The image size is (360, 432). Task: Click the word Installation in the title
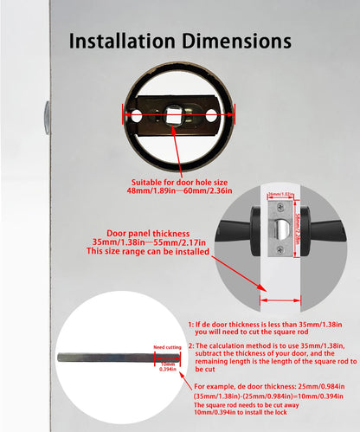(121, 41)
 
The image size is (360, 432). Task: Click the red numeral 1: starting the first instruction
(191, 322)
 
